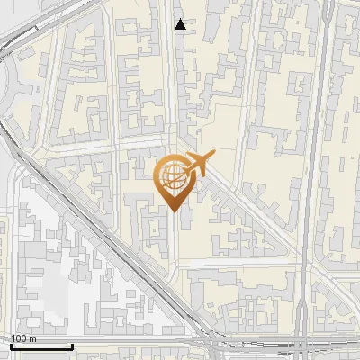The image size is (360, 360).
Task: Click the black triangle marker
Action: point(181,24)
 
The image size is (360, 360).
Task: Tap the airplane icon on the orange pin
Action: point(200,164)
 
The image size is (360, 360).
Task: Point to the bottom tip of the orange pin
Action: point(174,211)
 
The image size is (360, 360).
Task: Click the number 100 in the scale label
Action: point(19,338)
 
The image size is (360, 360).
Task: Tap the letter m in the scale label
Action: point(33,338)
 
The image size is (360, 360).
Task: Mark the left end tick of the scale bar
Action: point(12,346)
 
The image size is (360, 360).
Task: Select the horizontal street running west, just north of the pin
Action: point(108,145)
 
